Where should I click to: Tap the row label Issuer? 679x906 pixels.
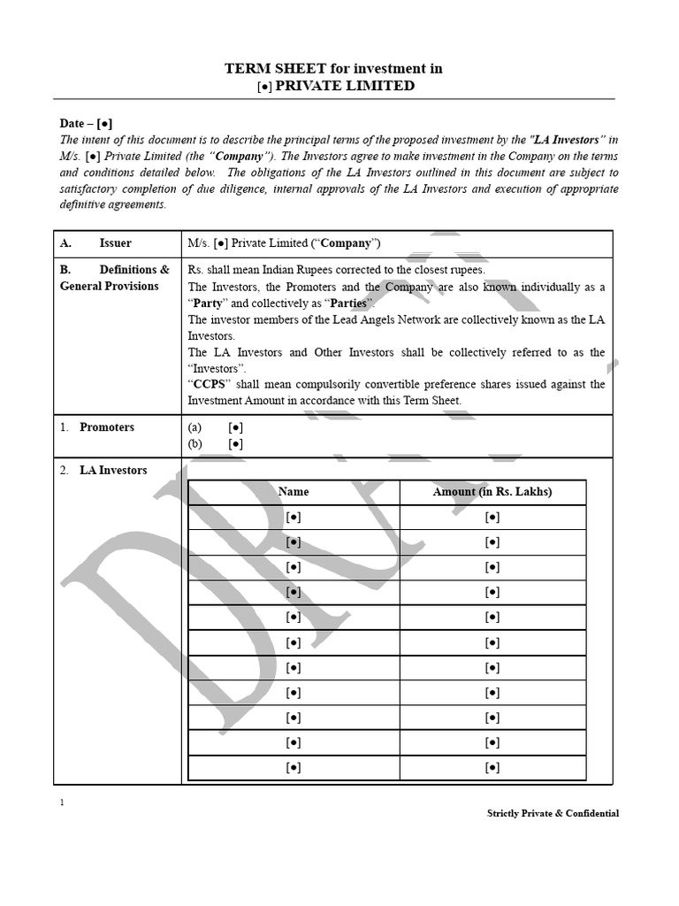tap(115, 243)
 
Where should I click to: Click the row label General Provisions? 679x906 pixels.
tap(109, 286)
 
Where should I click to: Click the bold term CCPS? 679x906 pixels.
tap(210, 384)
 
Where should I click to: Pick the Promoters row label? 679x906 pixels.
tap(107, 427)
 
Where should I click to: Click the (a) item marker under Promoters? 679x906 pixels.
tap(195, 427)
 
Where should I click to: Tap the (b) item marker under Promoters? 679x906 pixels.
tap(195, 443)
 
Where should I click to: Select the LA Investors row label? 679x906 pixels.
tap(113, 471)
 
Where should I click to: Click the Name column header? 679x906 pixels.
tap(294, 492)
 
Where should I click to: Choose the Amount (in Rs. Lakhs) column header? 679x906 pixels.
tap(492, 492)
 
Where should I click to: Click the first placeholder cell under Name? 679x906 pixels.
tap(294, 517)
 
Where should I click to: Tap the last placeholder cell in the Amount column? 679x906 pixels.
tap(492, 767)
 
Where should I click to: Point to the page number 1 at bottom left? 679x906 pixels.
tap(62, 802)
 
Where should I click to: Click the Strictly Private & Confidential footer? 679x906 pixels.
tap(553, 813)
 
